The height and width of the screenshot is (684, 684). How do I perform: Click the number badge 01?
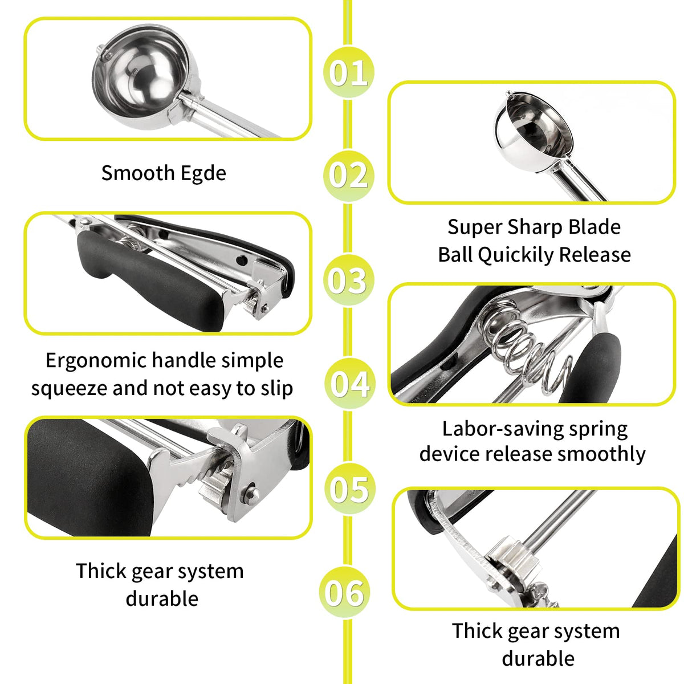pyautogui.click(x=348, y=72)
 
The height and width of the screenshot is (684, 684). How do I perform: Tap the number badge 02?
pyautogui.click(x=348, y=176)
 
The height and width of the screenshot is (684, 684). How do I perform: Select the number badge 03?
pyautogui.click(x=348, y=280)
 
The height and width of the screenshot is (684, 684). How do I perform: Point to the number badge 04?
pyautogui.click(x=349, y=384)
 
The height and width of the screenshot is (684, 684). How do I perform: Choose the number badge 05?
pyautogui.click(x=349, y=488)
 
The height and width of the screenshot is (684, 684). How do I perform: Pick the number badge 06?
pyautogui.click(x=344, y=592)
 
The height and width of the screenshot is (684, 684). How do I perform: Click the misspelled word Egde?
pyautogui.click(x=203, y=174)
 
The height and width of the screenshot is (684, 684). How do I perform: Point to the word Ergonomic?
pyautogui.click(x=96, y=361)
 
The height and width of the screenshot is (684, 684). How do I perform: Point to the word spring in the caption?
pyautogui.click(x=598, y=430)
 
